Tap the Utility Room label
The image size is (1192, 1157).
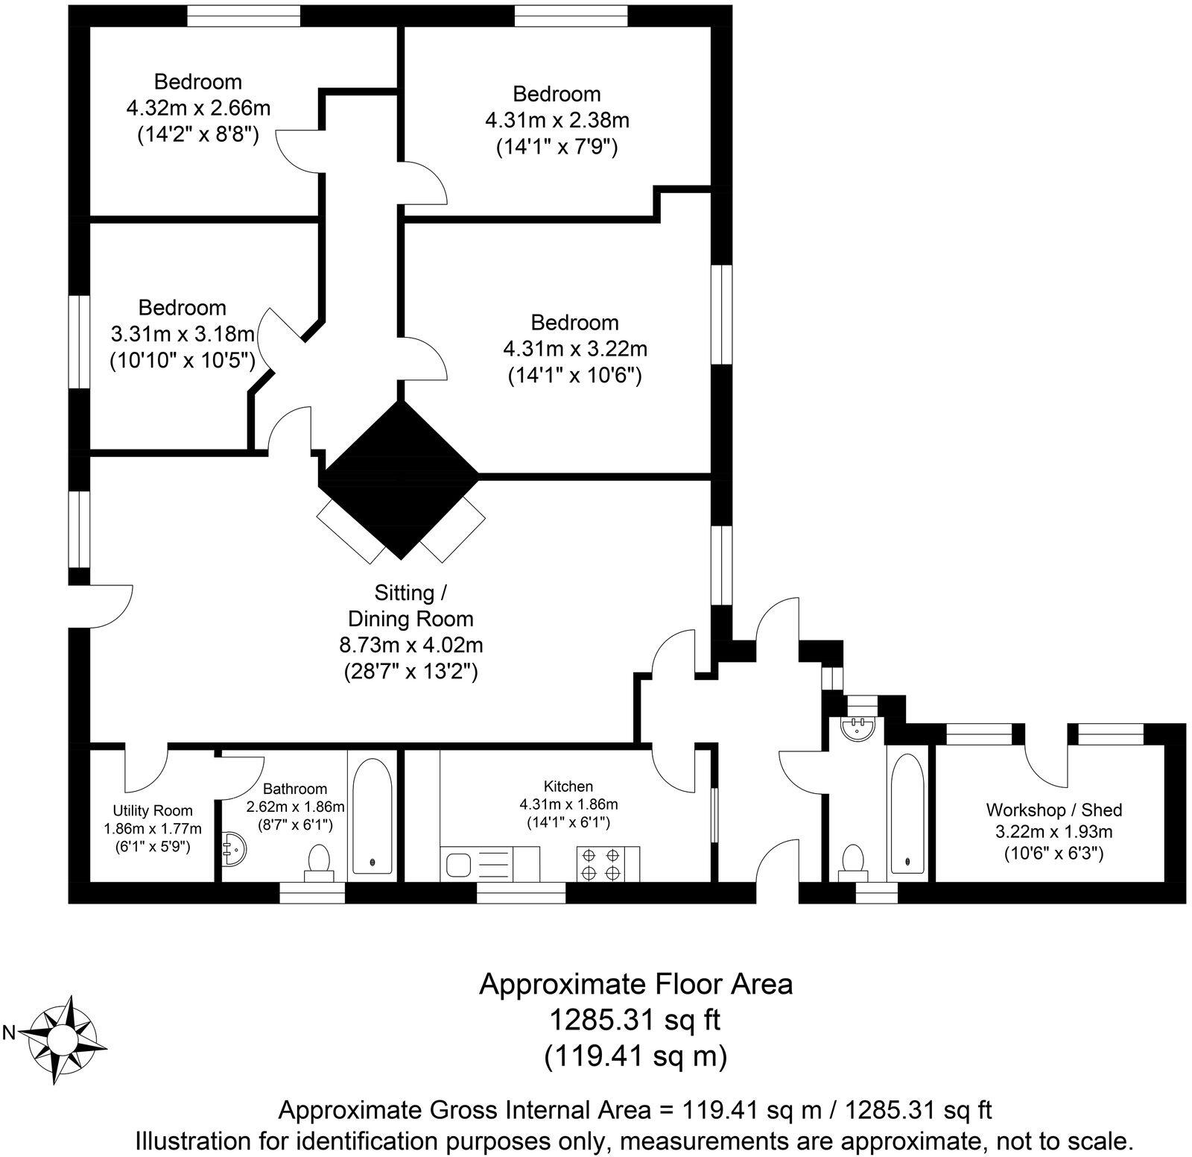153,810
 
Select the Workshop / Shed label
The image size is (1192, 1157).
1053,810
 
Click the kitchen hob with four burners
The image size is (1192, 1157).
602,863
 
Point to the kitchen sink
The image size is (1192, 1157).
456,865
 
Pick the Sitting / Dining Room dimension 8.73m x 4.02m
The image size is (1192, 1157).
411,645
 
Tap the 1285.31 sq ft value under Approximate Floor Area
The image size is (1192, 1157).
635,1019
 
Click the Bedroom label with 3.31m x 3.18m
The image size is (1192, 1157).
183,307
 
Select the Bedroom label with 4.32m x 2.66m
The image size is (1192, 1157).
198,81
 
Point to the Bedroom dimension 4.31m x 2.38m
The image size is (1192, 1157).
557,120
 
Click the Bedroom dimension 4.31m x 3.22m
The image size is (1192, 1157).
575,349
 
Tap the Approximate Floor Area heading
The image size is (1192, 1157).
635,984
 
